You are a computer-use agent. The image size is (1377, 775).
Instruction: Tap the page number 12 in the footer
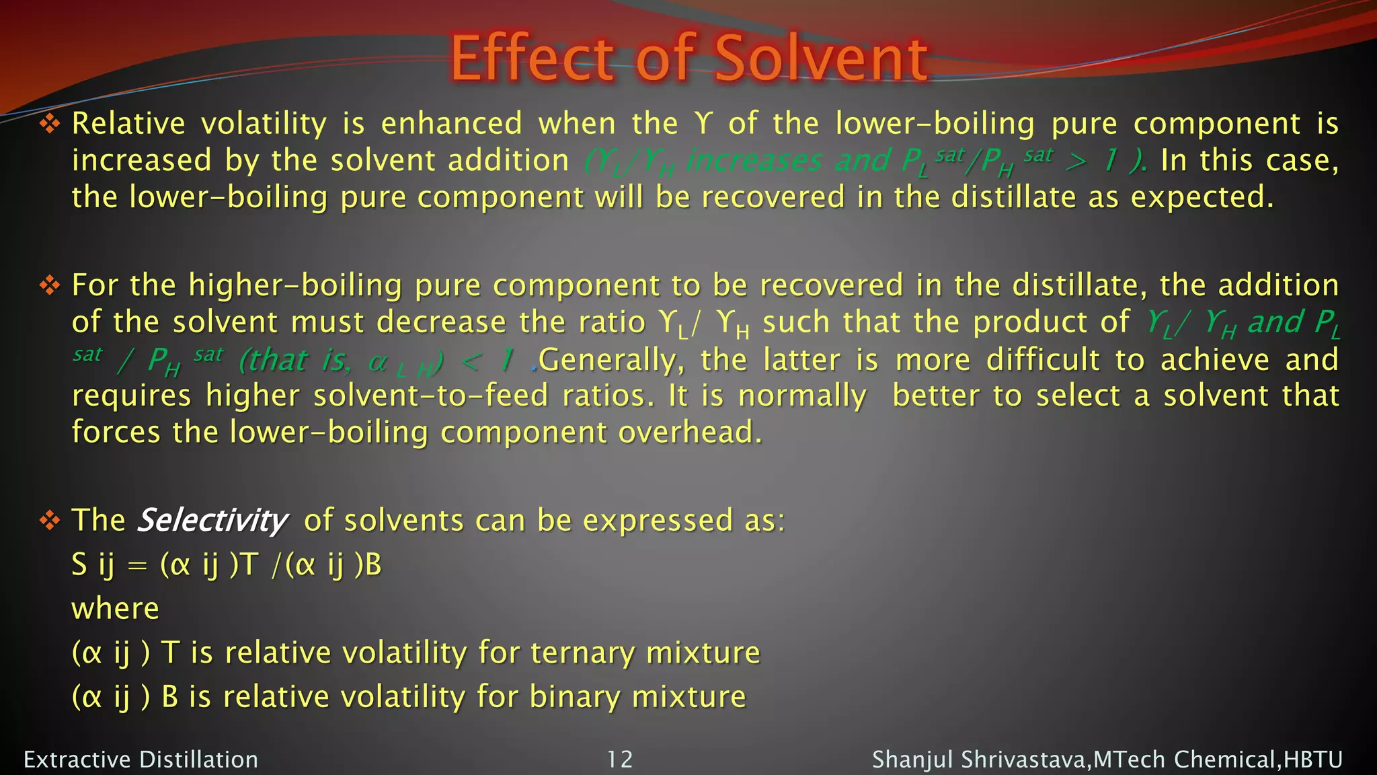[x=619, y=760]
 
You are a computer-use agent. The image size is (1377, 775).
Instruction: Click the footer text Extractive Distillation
[x=141, y=760]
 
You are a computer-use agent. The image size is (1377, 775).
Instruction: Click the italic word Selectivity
[x=212, y=521]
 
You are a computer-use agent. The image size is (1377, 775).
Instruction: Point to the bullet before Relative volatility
[x=50, y=124]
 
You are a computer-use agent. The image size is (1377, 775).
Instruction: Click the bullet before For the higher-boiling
[x=50, y=285]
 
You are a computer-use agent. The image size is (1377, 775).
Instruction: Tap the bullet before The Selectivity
[x=50, y=521]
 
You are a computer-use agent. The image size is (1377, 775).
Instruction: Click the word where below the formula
[x=115, y=609]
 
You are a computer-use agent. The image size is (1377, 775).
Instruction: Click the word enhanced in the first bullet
[x=451, y=124]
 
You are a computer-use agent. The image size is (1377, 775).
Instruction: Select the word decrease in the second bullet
[x=441, y=322]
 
